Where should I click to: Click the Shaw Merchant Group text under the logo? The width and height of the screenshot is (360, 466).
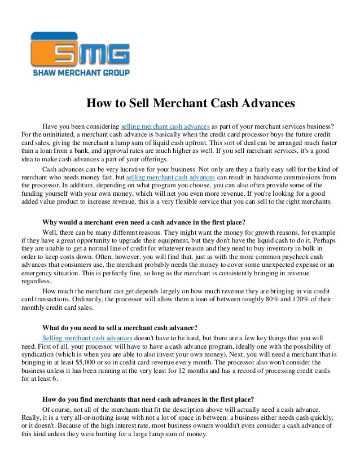coord(81,72)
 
